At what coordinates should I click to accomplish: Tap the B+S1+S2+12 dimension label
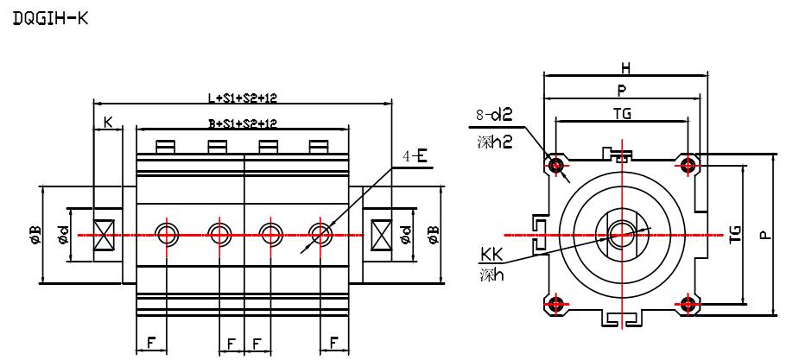click(242, 123)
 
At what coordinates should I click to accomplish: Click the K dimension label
click(108, 123)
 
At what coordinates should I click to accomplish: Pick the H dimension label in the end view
click(625, 67)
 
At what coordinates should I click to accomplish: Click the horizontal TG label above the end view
click(621, 113)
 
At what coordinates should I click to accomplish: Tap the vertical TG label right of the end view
click(735, 234)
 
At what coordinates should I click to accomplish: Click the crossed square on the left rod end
click(106, 234)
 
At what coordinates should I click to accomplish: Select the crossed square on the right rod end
click(380, 234)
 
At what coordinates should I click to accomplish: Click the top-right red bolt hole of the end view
click(688, 164)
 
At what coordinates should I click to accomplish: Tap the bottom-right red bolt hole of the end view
click(688, 303)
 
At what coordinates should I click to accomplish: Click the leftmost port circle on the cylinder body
click(167, 233)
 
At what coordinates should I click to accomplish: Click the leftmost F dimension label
click(151, 342)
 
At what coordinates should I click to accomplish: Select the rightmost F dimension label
click(333, 342)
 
